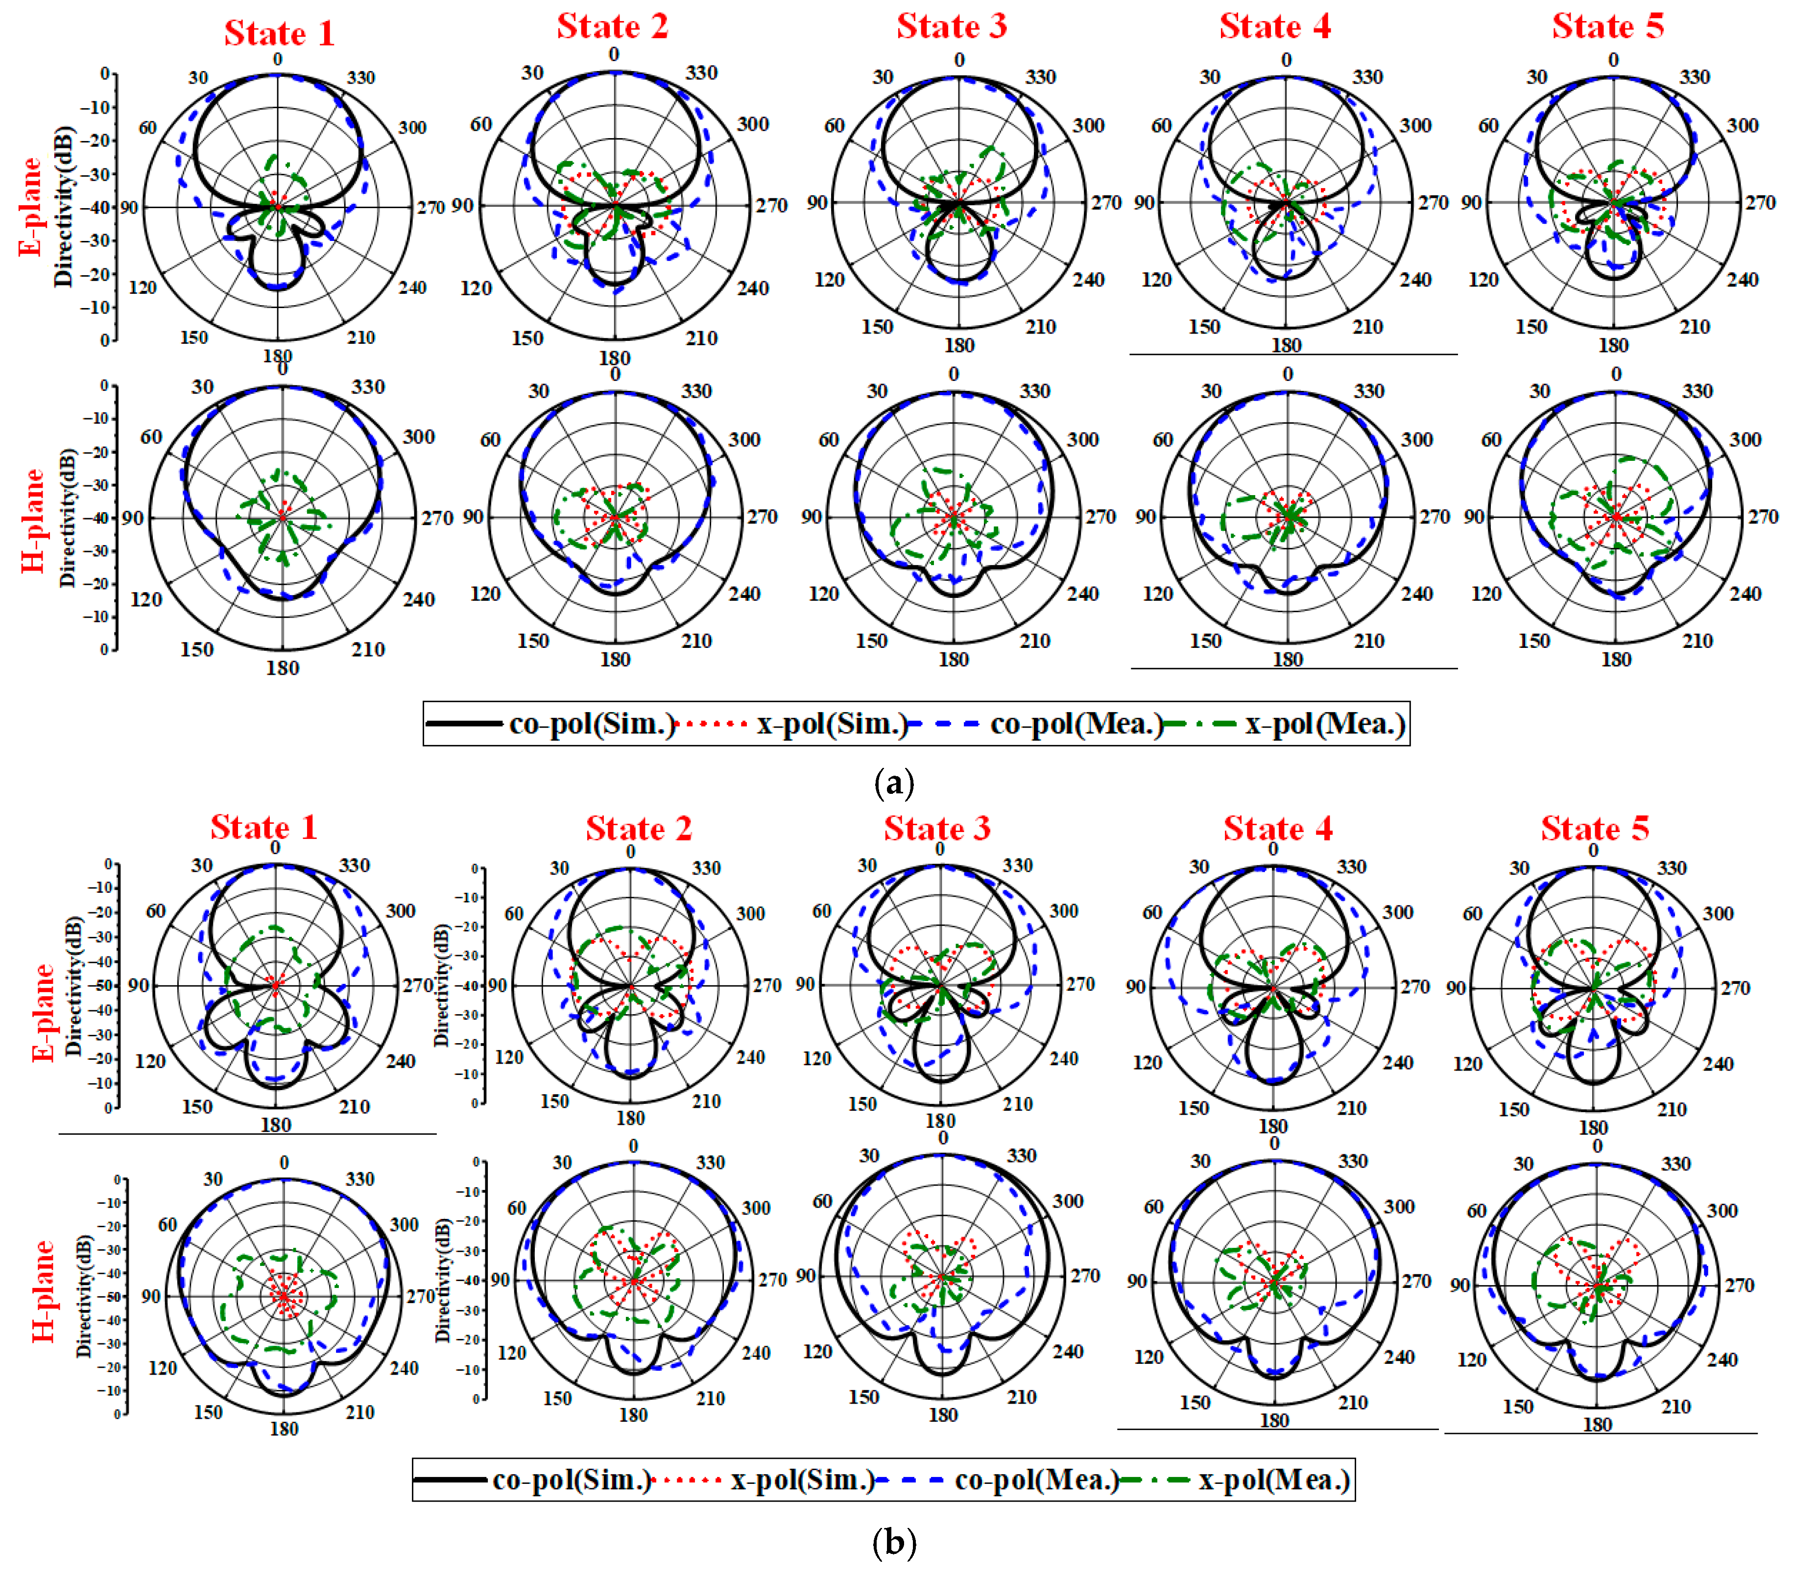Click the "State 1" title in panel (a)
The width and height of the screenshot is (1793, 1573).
coord(279,33)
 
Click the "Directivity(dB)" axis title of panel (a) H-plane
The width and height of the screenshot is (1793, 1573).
coord(68,518)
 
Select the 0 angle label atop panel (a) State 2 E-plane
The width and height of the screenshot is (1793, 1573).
coord(613,54)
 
